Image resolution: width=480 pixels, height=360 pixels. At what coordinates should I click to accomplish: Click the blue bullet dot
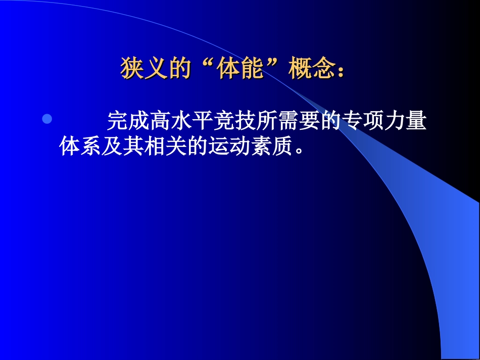click(x=46, y=120)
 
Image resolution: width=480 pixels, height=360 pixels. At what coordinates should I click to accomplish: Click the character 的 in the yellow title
click(x=179, y=69)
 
